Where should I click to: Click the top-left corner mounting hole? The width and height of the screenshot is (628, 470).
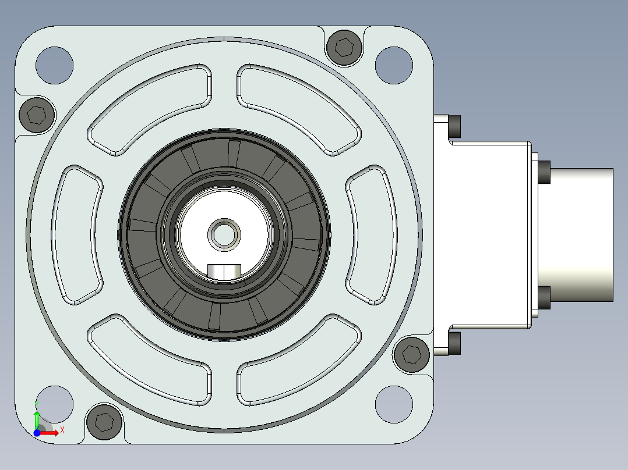click(55, 65)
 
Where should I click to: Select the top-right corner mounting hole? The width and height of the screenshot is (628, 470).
click(394, 65)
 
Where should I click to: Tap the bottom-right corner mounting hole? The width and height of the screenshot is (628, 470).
click(394, 404)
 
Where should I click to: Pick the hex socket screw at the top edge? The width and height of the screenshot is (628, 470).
click(344, 47)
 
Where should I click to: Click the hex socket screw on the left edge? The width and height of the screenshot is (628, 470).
click(37, 115)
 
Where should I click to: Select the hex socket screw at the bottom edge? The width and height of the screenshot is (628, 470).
click(104, 422)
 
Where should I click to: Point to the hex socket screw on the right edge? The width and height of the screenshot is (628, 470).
click(412, 354)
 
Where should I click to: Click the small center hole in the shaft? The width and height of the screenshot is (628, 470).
click(224, 235)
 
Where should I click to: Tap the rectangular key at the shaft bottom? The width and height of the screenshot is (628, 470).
click(224, 272)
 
